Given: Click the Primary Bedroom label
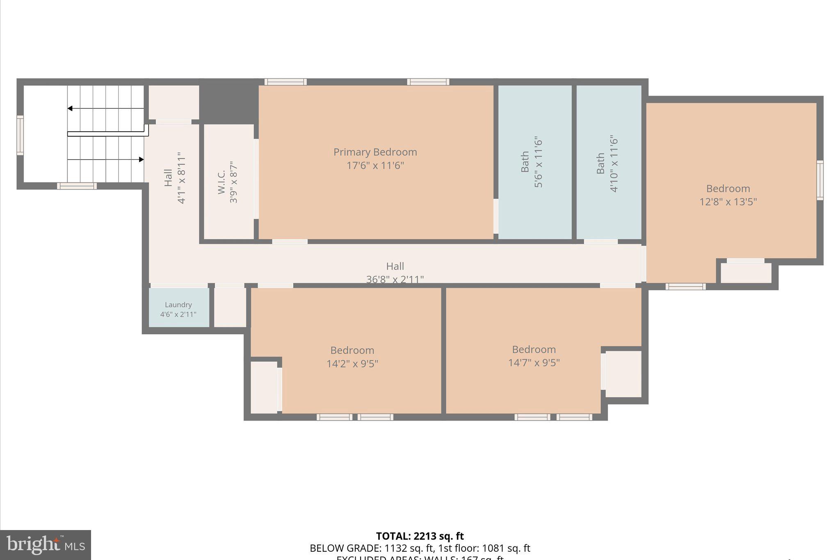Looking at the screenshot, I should coord(375,152).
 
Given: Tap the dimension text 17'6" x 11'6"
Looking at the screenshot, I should coord(375,166).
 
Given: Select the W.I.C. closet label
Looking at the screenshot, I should coord(221,182).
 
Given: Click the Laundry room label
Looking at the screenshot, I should coord(178,305).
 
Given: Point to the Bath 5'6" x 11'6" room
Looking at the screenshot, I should coord(534,162).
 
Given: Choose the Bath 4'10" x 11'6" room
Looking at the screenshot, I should coord(609,162).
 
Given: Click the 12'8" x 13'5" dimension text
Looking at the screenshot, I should coord(728,202).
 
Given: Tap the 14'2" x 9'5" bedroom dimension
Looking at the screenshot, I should coord(352,364).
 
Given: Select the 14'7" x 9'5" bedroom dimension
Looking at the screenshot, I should coord(534,363).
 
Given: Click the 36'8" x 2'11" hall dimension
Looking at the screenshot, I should coord(395,279).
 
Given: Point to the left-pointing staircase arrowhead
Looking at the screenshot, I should coord(70,108).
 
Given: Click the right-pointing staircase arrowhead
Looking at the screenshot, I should coord(141,159).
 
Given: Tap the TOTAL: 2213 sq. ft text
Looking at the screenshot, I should coord(420,536).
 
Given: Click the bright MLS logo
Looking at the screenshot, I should coord(46,545).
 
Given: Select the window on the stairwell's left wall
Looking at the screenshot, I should coord(20,135).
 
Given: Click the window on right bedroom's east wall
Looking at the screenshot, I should coord(819,180).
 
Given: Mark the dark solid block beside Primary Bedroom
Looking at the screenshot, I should coord(228,102).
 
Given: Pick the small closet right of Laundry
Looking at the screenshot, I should coord(230,307).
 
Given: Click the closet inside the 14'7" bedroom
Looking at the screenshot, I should coord(623,374).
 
